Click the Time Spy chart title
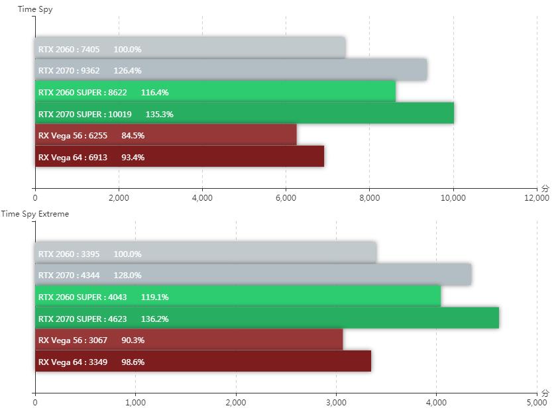point(36,10)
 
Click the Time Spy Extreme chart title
point(34,214)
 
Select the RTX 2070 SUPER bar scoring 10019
point(245,114)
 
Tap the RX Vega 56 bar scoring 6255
point(166,135)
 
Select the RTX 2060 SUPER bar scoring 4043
point(238,297)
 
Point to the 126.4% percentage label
point(128,71)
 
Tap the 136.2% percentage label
point(154,319)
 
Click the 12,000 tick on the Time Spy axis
point(536,197)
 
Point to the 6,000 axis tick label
point(286,197)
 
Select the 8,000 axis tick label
point(369,197)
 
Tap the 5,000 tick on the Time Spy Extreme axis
point(536,402)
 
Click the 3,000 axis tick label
point(336,402)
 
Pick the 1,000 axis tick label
point(135,402)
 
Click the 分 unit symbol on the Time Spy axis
point(545,188)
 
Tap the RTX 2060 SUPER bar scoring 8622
point(215,92)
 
